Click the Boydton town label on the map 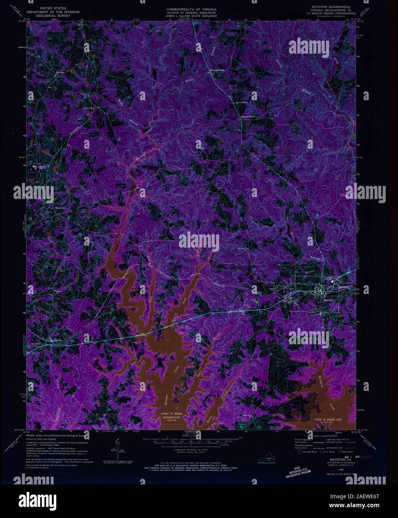pos(328,300)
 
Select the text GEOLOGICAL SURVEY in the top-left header pos(52,16)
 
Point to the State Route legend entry pos(345,452)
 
